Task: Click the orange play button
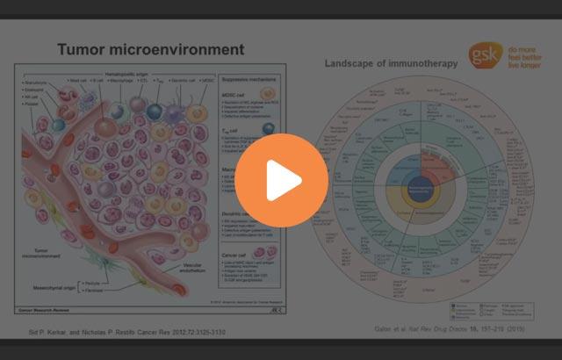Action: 281,180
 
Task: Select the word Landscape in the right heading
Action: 354,63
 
